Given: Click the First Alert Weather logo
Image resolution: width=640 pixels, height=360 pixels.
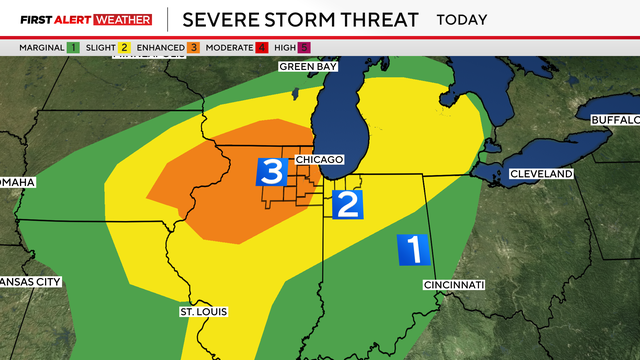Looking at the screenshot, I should coord(86,19).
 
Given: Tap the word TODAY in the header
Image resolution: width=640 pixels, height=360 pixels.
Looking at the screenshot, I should coord(462,19).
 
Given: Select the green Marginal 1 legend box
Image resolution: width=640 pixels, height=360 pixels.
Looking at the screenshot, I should coord(75,47).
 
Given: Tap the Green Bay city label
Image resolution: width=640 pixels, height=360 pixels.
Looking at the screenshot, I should coord(308,67).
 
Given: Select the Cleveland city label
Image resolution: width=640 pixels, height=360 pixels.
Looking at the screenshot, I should coord(541,174).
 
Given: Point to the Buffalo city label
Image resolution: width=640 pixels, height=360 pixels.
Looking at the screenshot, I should coord(613,120).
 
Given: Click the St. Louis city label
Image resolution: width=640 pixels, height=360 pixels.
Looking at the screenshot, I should coord(203,312).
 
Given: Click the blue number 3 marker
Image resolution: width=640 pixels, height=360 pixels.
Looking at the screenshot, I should coord(272,171).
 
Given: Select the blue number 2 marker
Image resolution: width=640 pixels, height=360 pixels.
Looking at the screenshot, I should coord(347,204).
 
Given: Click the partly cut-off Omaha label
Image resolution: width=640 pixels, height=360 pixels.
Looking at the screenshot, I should coord(17,182).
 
